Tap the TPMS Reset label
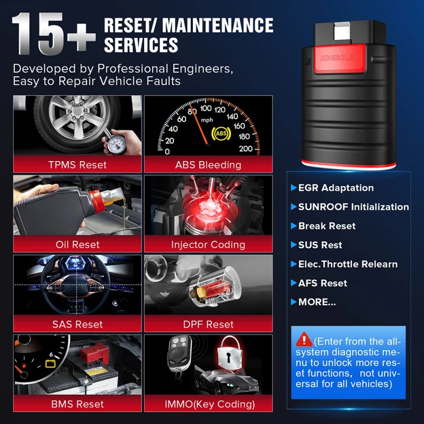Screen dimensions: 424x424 77,165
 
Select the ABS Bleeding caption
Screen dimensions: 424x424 208,165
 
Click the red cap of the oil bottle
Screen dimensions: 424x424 100,202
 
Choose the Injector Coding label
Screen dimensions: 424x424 208,244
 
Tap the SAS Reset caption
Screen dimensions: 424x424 77,324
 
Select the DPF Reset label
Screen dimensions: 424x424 208,324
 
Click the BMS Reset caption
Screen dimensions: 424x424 77,404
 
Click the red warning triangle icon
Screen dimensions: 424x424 304,339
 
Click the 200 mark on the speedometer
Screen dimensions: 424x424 246,149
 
